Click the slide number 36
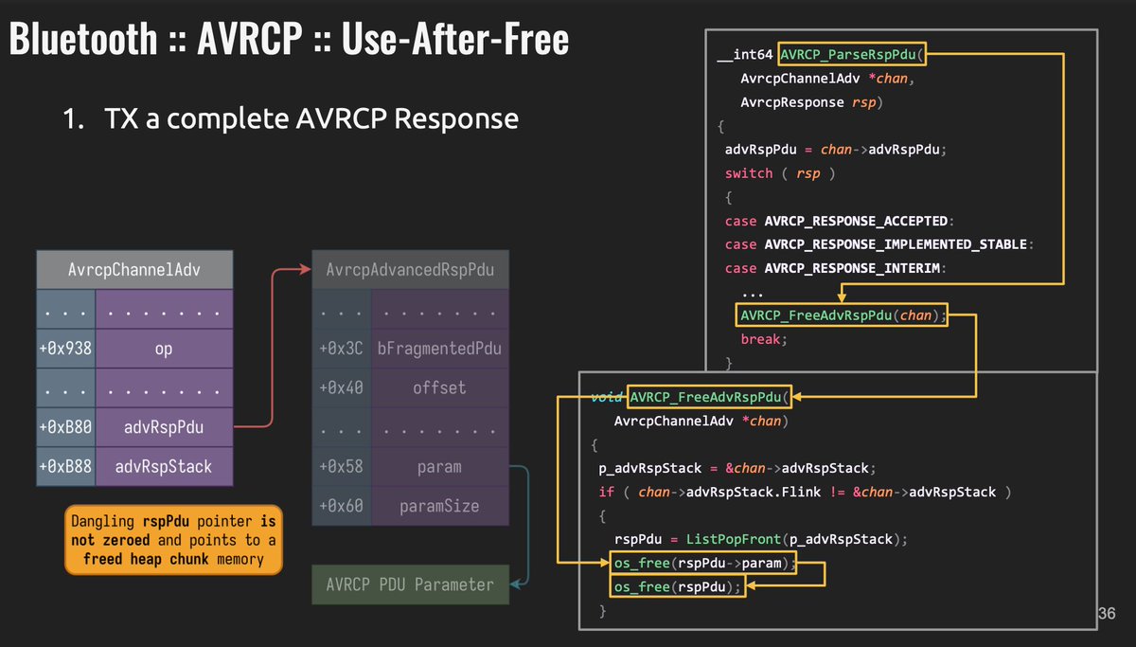click(1107, 614)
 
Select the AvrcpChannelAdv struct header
click(133, 270)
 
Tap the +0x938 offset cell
click(65, 349)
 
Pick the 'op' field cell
click(165, 349)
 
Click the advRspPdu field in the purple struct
click(165, 427)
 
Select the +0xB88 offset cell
click(65, 466)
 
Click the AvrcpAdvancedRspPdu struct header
click(410, 270)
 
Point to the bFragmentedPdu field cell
click(439, 349)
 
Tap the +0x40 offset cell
click(341, 387)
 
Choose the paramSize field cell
click(439, 506)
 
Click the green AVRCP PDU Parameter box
click(410, 584)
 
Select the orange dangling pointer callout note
click(174, 540)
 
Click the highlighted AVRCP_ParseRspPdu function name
click(853, 55)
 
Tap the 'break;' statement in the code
click(764, 338)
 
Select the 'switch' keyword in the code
click(749, 173)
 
